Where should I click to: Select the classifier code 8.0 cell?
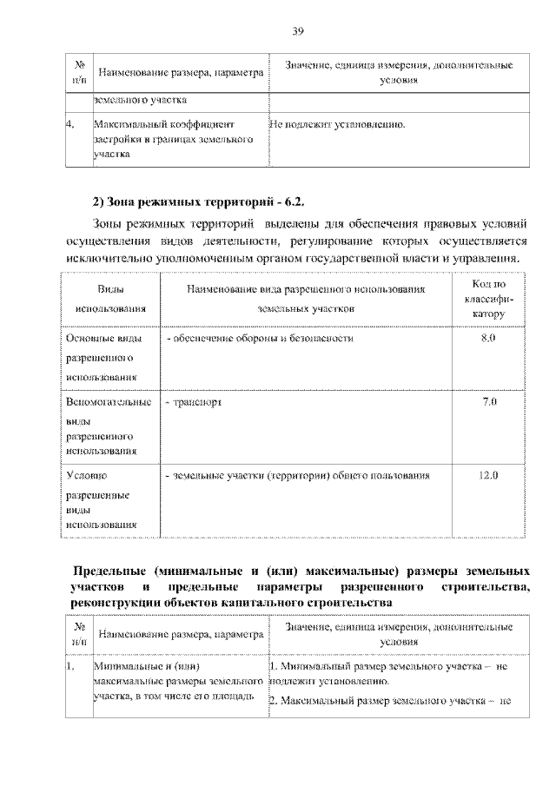(487, 337)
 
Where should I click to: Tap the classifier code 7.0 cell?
(487, 403)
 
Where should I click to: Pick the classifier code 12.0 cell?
(487, 475)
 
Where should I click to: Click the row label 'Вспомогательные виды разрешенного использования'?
(108, 426)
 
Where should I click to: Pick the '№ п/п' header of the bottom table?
(79, 633)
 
